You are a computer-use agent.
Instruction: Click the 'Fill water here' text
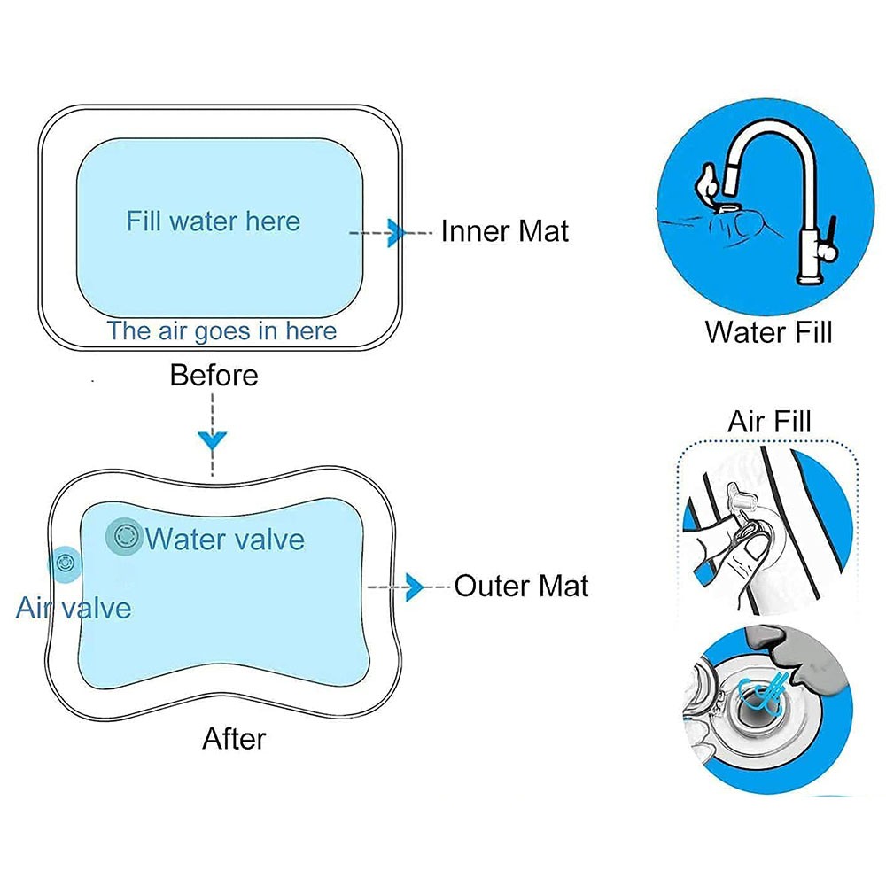pyautogui.click(x=213, y=221)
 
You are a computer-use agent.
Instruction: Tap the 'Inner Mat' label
pyautogui.click(x=504, y=231)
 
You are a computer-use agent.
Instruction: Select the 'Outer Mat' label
pyautogui.click(x=521, y=586)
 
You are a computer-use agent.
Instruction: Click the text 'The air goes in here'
pyautogui.click(x=221, y=331)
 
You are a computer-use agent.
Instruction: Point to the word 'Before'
pyautogui.click(x=214, y=376)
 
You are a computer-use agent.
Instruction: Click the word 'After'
pyautogui.click(x=234, y=738)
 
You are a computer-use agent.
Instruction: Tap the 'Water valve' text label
pyautogui.click(x=225, y=539)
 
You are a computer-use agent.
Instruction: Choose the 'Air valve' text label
pyautogui.click(x=74, y=608)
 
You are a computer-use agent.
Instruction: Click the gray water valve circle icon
pyautogui.click(x=124, y=535)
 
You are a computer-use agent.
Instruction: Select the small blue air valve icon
pyautogui.click(x=65, y=563)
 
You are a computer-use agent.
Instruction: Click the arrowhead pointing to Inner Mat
pyautogui.click(x=396, y=232)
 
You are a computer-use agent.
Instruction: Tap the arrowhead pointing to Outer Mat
pyautogui.click(x=414, y=586)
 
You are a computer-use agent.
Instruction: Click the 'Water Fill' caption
pyautogui.click(x=768, y=332)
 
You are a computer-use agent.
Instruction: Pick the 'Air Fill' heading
pyautogui.click(x=769, y=421)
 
